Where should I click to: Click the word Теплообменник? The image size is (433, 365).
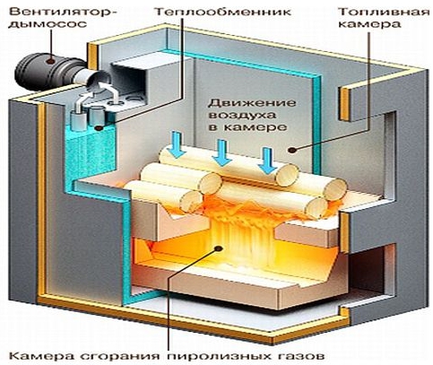223,13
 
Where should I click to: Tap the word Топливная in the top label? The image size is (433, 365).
384,13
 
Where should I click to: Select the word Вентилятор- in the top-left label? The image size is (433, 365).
63,13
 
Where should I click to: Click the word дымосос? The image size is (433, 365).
48,24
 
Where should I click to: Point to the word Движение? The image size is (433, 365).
252,103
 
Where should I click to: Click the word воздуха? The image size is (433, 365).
242,116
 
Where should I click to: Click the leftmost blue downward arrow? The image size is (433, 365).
177,144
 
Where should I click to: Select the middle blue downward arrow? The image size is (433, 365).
221,153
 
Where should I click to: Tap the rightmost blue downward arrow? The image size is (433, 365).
267,161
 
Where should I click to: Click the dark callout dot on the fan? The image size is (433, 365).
51,61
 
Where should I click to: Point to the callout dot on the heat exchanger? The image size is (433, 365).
99,128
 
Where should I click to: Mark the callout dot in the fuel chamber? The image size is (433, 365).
293,151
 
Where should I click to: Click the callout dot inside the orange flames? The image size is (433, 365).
220,248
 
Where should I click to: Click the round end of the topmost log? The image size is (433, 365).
287,175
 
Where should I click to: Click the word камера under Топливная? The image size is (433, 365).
369,24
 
